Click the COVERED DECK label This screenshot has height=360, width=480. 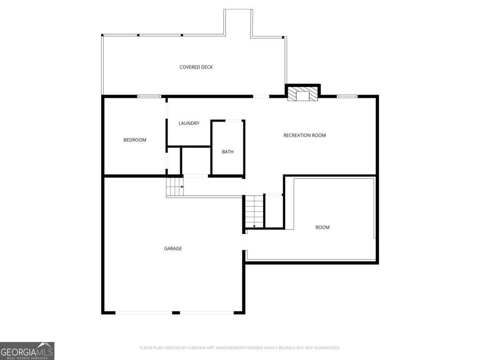(x=196, y=67)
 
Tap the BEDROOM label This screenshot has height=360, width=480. (x=135, y=140)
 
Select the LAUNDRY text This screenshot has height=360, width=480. (x=189, y=123)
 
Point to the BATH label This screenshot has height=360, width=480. (x=228, y=152)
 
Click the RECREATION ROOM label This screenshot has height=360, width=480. (x=305, y=135)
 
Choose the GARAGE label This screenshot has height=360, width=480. (x=173, y=248)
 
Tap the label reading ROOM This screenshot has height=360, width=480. (x=322, y=227)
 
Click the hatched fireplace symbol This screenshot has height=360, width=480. (x=302, y=94)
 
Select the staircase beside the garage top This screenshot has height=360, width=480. (x=175, y=187)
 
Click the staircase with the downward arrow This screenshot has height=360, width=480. (x=254, y=212)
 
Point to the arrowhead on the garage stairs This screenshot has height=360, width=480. (x=182, y=187)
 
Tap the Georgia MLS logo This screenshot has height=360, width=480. (x=27, y=351)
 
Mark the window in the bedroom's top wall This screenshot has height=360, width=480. (x=149, y=96)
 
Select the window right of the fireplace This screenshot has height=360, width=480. (x=347, y=96)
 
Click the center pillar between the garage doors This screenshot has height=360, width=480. (x=176, y=313)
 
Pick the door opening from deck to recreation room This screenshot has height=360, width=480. (x=261, y=96)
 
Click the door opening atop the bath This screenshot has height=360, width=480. (x=233, y=121)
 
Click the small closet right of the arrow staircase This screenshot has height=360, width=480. (x=274, y=211)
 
